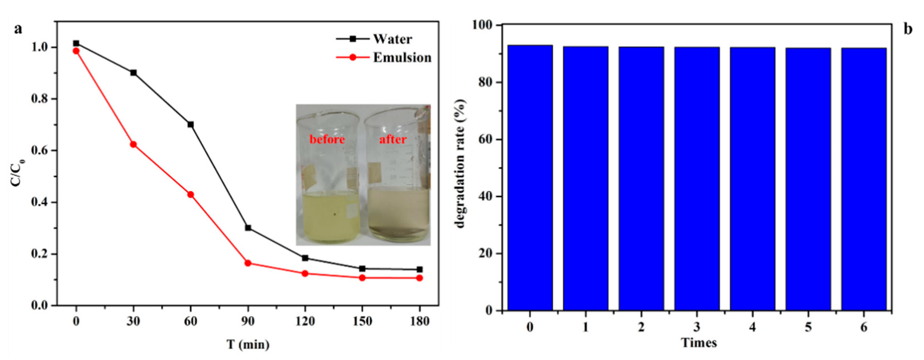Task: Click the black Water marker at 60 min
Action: tap(190, 124)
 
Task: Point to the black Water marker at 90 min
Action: tap(248, 228)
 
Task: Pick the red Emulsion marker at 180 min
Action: tap(419, 278)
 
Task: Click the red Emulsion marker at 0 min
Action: tap(76, 51)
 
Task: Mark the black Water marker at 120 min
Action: tap(305, 258)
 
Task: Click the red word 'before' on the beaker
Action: tap(327, 139)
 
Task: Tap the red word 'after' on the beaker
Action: tap(393, 139)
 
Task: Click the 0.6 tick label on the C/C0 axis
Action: tap(41, 151)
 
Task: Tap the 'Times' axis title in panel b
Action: tap(699, 343)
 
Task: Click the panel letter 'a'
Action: tap(18, 29)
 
